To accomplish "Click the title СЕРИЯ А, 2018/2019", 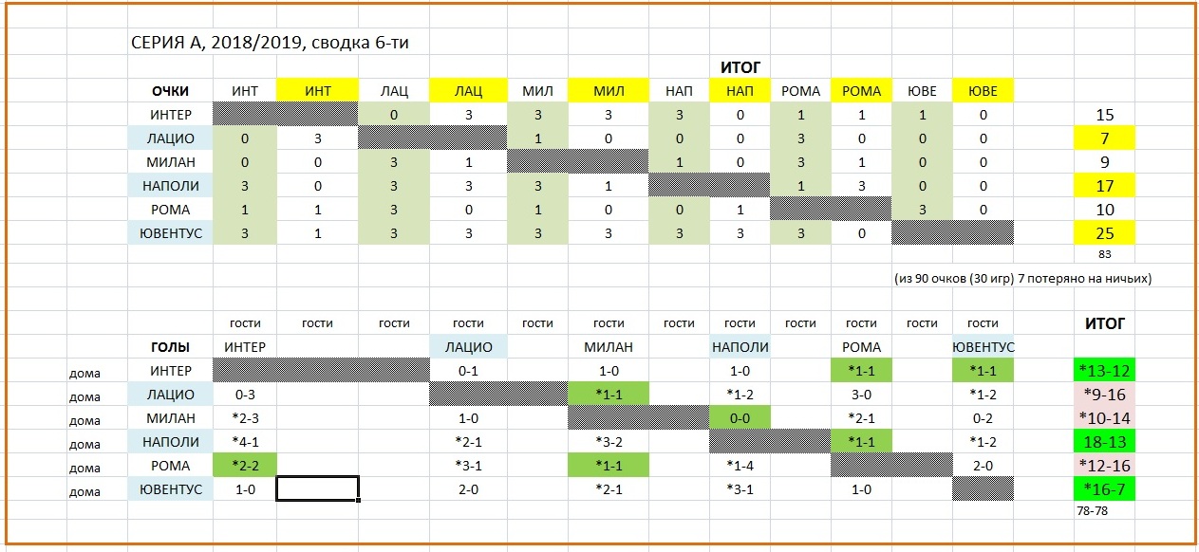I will click(x=270, y=43).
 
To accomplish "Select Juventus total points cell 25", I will click(x=1103, y=233).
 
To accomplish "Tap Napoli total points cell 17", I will click(x=1103, y=186).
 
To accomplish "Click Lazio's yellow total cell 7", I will click(x=1103, y=138).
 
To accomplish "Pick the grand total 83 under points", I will click(x=1103, y=254).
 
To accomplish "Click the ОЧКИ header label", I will click(x=171, y=91).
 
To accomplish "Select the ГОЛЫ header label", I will click(x=171, y=347).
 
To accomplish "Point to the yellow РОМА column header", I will click(x=861, y=91).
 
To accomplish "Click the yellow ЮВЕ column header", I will click(x=982, y=91).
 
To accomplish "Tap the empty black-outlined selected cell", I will click(x=317, y=489).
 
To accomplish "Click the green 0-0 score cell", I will click(x=740, y=418).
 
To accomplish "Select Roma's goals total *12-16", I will click(x=1103, y=466).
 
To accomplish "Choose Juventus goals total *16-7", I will click(x=1103, y=489).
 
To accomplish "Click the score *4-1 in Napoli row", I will click(x=244, y=442).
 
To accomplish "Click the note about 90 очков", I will click(x=1022, y=279).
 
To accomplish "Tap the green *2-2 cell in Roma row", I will click(x=244, y=466).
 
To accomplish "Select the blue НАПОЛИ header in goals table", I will click(x=740, y=347).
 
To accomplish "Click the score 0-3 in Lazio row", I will click(x=244, y=395).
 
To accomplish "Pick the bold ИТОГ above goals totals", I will click(x=1104, y=324).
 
